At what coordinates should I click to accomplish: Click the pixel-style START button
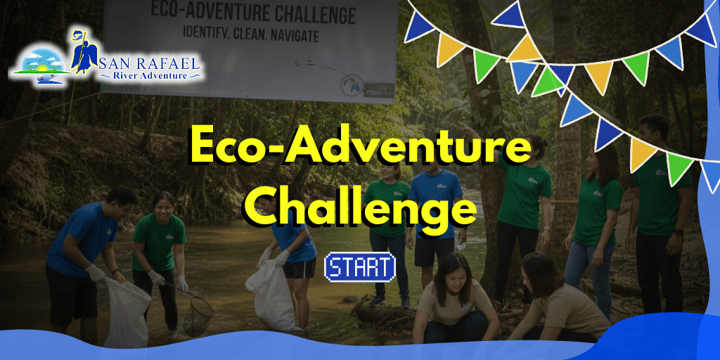pos(359,267)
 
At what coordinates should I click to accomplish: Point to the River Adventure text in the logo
pos(149,75)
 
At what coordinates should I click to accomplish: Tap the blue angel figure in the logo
pos(84,51)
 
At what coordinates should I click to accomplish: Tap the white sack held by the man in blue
pos(127,313)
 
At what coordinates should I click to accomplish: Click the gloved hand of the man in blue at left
pos(96,273)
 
